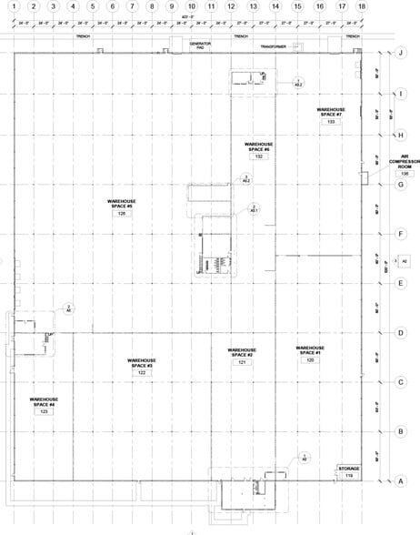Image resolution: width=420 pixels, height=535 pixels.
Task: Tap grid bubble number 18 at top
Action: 362,7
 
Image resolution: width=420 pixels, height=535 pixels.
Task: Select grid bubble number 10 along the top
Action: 191,7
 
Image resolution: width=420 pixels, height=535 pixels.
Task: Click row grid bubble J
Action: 400,53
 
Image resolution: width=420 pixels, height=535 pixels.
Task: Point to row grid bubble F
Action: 400,234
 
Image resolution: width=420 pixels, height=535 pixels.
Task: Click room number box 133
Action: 332,121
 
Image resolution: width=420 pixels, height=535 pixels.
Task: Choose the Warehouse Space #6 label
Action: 259,146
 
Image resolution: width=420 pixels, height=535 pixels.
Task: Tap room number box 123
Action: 44,412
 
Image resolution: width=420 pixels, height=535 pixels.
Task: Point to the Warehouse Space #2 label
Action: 242,352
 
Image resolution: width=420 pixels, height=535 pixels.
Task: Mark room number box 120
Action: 310,361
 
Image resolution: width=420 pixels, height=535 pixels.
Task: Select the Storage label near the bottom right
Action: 349,469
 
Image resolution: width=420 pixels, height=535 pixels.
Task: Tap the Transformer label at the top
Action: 272,45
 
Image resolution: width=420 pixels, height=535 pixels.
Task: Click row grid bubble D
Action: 400,332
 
